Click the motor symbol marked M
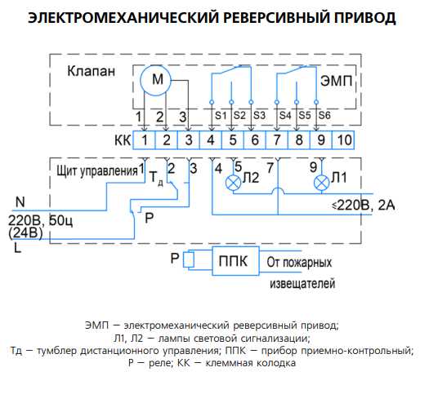(155, 81)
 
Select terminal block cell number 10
(343, 140)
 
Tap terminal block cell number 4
(210, 140)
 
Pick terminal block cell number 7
(277, 140)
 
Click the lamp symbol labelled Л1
(321, 183)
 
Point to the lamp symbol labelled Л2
(233, 183)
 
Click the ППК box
(235, 261)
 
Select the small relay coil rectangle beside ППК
(189, 259)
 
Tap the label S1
(221, 116)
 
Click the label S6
(324, 116)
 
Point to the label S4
(285, 116)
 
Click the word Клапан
(91, 71)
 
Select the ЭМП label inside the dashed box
(336, 81)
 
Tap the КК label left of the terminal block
(123, 140)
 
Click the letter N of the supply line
(20, 202)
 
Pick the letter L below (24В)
(17, 248)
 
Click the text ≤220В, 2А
(364, 206)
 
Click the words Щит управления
(97, 171)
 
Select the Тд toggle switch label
(157, 178)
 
